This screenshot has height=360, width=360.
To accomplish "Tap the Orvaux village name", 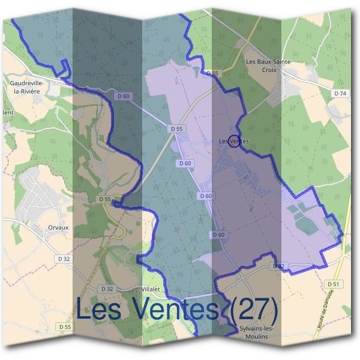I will [59, 228].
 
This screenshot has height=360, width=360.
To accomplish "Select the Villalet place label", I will [149, 289].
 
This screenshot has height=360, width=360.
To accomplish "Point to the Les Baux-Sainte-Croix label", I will [269, 65].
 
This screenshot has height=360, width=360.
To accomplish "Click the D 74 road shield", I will [340, 94].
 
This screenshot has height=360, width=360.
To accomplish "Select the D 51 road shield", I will [334, 284].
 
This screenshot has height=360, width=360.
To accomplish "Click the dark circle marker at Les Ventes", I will [235, 140].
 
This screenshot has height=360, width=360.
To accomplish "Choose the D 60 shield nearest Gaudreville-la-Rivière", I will [124, 97].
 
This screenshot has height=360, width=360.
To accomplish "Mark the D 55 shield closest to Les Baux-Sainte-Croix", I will [211, 73].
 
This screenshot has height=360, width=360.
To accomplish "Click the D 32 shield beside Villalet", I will [107, 289].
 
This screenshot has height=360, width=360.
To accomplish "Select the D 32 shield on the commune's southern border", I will [278, 265].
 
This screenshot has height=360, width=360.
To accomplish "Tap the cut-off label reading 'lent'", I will [7, 112].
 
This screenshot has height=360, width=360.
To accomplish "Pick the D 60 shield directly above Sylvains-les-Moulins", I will [218, 235].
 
